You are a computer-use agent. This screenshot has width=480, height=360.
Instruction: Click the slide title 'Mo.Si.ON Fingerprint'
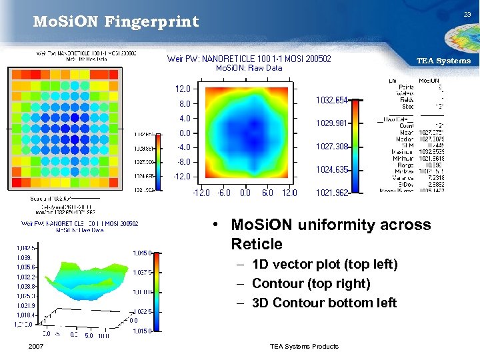[116, 22]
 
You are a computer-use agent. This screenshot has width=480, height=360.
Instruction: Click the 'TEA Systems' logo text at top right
[443, 61]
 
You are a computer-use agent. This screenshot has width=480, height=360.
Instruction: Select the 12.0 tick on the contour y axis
[183, 89]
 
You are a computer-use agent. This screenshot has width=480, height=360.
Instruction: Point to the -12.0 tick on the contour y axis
[181, 177]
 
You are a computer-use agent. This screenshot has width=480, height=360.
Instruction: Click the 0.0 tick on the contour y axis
[185, 133]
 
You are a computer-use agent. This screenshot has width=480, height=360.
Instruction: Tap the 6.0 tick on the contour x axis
[267, 193]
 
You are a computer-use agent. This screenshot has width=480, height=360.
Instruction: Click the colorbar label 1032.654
[331, 101]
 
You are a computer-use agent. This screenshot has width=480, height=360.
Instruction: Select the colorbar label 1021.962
[331, 193]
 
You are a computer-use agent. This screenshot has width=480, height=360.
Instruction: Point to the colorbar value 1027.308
[331, 147]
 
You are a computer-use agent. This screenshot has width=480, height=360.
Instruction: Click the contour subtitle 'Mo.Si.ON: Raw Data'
[249, 68]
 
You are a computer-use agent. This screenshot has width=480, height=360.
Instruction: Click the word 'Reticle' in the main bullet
[257, 244]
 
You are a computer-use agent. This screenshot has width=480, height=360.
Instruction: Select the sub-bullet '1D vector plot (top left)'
[325, 265]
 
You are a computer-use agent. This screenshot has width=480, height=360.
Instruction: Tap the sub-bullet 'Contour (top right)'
[311, 283]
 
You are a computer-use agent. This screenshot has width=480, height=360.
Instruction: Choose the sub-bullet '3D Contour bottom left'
[325, 303]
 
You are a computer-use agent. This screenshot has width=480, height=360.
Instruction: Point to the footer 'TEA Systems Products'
[304, 346]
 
